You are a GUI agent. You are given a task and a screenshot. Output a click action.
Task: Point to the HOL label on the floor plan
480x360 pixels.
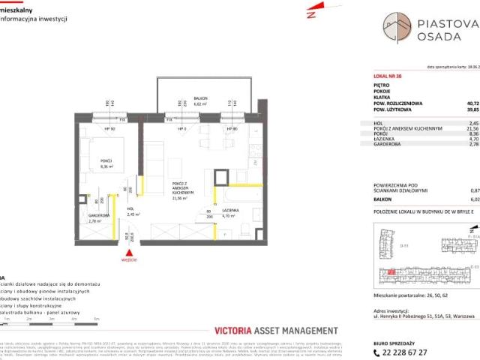(129, 211)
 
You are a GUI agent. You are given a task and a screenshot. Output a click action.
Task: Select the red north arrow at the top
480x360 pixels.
(310, 13)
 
